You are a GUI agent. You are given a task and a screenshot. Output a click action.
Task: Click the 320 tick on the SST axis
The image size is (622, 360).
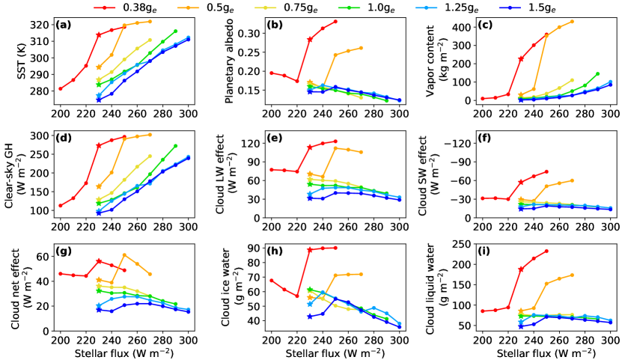coord(40,24)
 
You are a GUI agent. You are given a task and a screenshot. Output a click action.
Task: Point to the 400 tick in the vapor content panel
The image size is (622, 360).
coord(439,28)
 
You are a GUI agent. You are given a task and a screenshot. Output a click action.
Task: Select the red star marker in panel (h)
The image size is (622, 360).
coord(310,249)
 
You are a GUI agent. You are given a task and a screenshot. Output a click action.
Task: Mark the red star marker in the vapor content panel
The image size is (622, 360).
coord(521,58)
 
